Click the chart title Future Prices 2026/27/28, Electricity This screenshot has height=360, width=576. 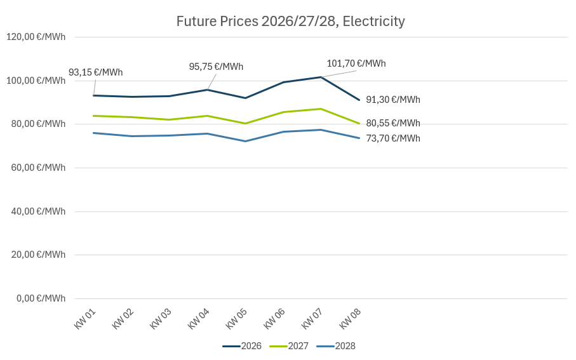coord(290,22)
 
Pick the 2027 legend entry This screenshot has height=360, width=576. coord(289,346)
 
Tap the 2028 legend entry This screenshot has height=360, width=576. coord(336,346)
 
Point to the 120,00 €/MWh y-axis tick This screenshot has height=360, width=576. coord(36,37)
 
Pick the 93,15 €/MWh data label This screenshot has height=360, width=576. coord(95,72)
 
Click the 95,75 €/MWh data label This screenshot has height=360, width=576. coord(216,67)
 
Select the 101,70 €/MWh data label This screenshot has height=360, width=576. coord(356,63)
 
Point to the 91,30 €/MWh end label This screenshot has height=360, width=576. coord(393,100)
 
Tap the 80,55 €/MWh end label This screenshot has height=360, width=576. coord(393,123)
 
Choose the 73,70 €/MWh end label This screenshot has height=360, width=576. coord(393,138)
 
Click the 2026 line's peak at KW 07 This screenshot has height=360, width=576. coord(321,77)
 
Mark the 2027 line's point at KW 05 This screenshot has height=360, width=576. coord(245,123)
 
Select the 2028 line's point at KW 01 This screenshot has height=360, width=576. coord(93,133)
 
